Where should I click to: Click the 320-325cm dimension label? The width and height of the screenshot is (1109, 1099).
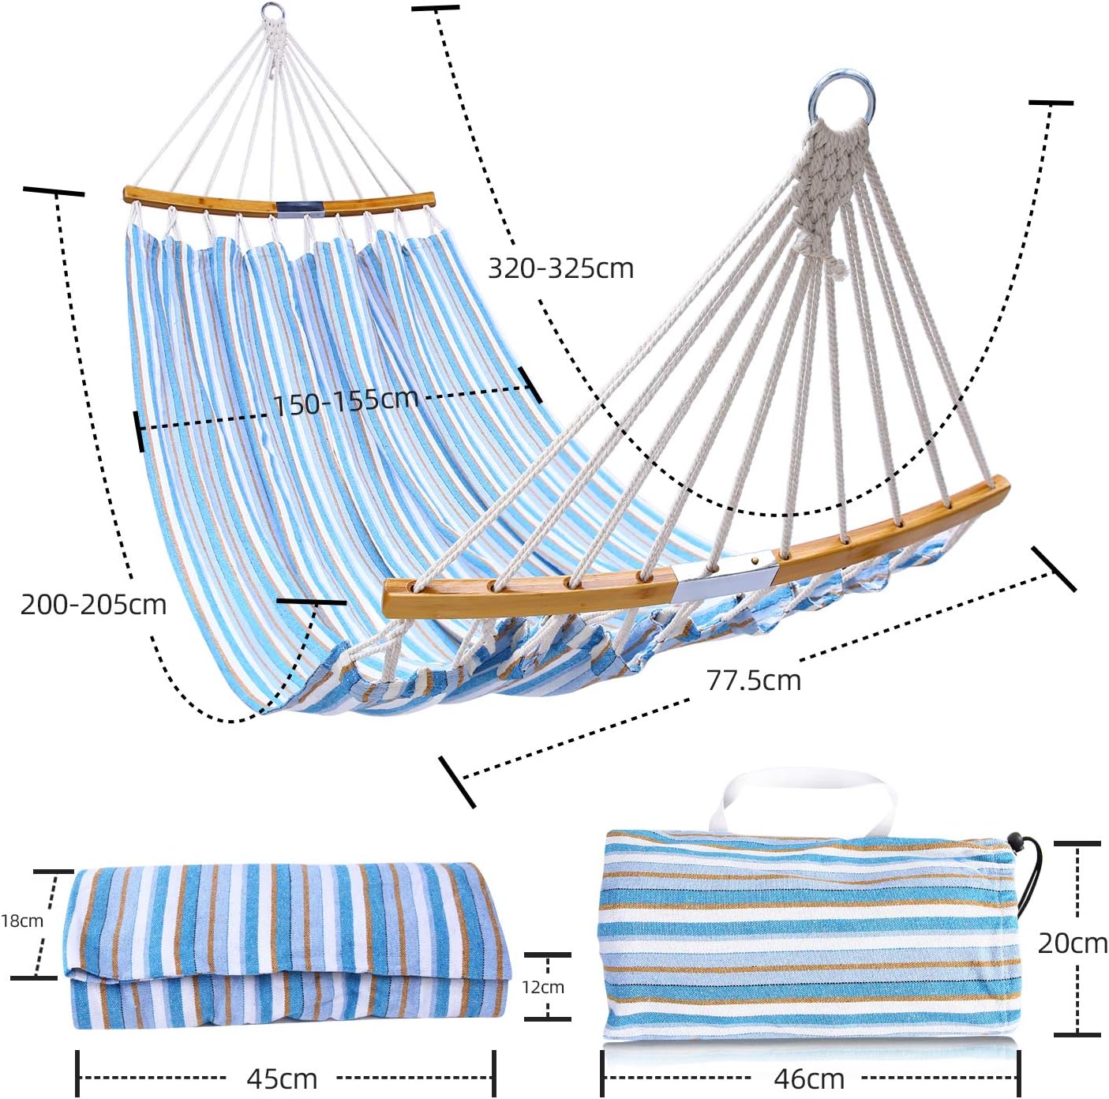(x=560, y=268)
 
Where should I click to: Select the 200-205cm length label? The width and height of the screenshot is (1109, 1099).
(x=93, y=605)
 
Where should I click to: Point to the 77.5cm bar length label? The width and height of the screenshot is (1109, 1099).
(x=753, y=680)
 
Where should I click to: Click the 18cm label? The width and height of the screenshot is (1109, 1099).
(x=22, y=921)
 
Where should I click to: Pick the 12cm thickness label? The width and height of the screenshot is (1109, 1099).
(x=543, y=987)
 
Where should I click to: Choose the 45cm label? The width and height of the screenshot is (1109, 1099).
(x=282, y=1078)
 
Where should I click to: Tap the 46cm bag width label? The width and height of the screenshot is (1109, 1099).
(x=809, y=1078)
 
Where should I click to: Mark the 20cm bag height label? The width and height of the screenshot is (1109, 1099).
(x=1072, y=943)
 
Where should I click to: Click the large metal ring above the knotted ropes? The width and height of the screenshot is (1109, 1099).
(x=842, y=99)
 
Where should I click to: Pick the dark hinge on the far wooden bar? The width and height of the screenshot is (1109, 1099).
(x=298, y=208)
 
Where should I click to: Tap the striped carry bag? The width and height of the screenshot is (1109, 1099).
(x=809, y=936)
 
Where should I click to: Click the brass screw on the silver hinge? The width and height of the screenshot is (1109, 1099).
(x=756, y=561)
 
